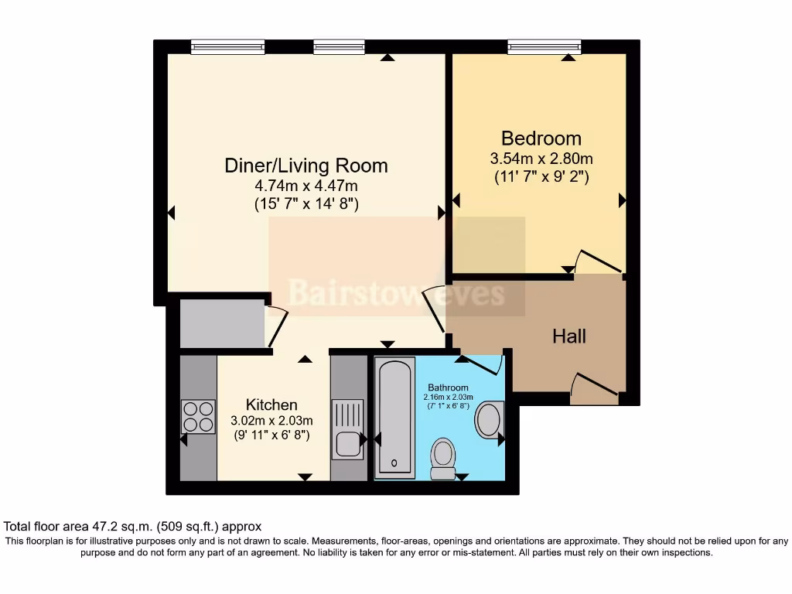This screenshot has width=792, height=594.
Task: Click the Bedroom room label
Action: pos(541,138)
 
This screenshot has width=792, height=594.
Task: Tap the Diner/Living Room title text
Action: pos(306,166)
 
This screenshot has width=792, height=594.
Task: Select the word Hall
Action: pos(569,336)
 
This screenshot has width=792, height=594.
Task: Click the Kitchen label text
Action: pos(271,405)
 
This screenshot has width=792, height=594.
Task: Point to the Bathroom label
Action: pos(448,387)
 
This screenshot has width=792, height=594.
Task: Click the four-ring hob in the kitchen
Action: pos(199,417)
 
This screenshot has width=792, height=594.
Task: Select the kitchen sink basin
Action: pos(347,445)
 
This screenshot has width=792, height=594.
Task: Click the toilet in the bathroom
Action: pos(443,459)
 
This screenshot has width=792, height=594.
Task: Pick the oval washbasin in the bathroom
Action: pos(489,420)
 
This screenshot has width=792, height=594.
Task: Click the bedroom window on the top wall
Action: pos(544,47)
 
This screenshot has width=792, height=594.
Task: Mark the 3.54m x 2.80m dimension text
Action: pos(541,159)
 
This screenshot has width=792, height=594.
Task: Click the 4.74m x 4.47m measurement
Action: pos(306,186)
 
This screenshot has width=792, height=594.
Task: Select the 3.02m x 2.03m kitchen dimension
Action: pos(271,420)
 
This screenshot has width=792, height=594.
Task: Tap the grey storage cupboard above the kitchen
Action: pos(222,323)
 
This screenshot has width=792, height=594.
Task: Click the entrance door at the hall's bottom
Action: pos(594,388)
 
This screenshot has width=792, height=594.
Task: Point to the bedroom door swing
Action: pos(599,262)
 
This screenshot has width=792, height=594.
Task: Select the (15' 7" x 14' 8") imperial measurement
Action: pos(306,204)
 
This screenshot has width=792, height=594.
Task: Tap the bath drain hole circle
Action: pos(394,463)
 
